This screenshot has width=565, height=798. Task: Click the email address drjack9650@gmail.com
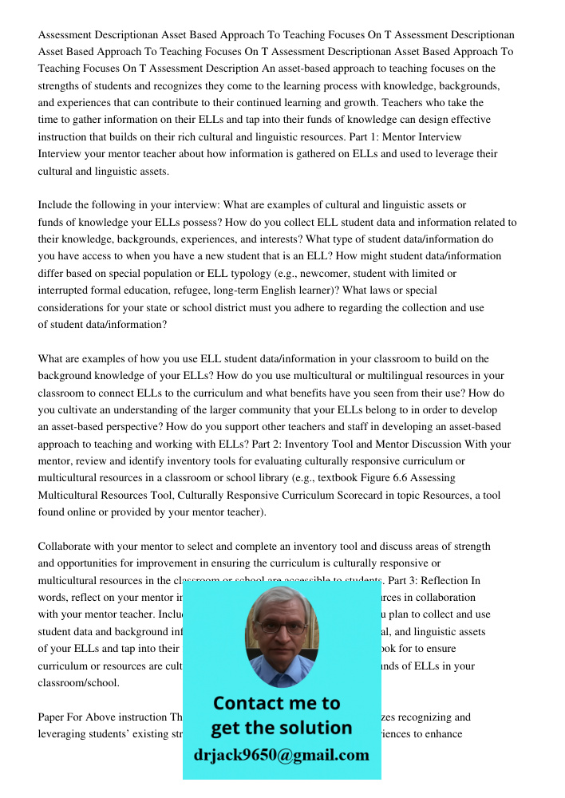[x=281, y=755]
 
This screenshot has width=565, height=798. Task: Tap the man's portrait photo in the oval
[x=281, y=638]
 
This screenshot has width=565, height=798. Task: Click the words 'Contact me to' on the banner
[x=276, y=703]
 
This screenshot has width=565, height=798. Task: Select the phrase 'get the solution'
[x=281, y=728]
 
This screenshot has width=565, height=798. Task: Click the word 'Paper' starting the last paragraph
[x=53, y=717]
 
